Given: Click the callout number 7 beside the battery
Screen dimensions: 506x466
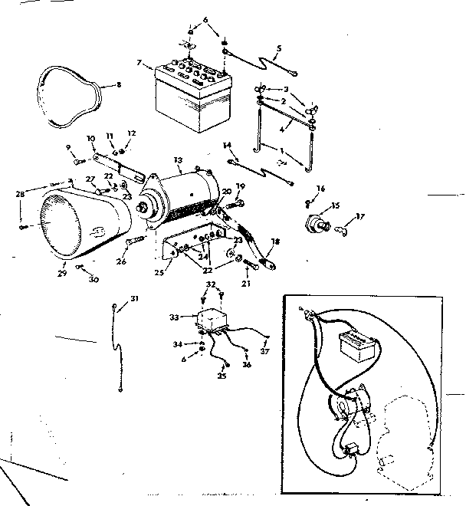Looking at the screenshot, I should tap(139, 62).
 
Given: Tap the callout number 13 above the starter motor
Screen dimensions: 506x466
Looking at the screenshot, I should tap(178, 160).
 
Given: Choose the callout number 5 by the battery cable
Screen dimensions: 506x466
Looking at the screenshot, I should tap(278, 48).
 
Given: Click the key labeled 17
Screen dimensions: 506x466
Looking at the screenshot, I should tap(346, 225).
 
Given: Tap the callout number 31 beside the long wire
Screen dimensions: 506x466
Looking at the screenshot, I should tap(134, 297).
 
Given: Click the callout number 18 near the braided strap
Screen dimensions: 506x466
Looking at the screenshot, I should tap(275, 241).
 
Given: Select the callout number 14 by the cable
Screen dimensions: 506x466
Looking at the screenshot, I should tap(226, 145).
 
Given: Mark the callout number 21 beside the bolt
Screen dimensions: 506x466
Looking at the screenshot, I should tap(245, 284).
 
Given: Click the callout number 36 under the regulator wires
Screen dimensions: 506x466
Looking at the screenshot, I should tap(247, 365).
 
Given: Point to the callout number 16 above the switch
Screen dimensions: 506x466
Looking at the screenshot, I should tap(320, 188).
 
